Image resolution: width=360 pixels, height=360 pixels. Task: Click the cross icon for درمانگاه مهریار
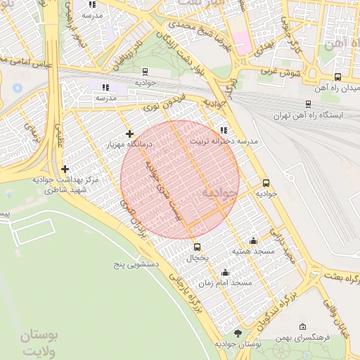click(x=129, y=134)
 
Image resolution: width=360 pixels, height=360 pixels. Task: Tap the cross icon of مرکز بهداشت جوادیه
click(x=65, y=169)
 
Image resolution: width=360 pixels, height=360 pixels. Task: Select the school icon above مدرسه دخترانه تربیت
click(x=224, y=130)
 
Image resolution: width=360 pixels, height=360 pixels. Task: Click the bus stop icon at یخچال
click(x=197, y=247)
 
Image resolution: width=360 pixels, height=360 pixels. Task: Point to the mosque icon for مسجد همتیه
click(x=253, y=241)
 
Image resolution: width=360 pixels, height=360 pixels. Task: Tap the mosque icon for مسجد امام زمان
click(x=225, y=273)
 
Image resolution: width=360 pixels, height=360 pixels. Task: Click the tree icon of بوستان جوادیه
click(x=239, y=333)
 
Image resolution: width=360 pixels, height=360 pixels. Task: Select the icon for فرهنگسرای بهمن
click(x=302, y=327)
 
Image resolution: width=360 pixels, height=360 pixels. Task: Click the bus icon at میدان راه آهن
click(x=338, y=77)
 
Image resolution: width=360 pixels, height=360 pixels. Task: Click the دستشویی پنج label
click(x=138, y=266)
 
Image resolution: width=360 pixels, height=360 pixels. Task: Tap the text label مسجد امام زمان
click(x=225, y=283)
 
